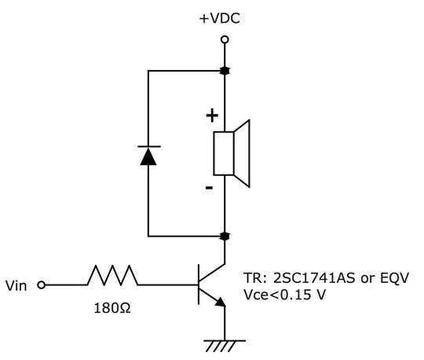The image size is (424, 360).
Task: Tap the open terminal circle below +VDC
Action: [225, 39]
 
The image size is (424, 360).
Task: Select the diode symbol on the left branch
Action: [148, 155]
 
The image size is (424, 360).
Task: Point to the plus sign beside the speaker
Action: [211, 116]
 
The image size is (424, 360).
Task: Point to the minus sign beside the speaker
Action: [209, 188]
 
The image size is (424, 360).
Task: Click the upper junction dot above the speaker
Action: [225, 71]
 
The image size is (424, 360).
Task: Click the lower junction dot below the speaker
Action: [225, 235]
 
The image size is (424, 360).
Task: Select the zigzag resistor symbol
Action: [112, 276]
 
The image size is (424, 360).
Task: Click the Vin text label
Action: [17, 285]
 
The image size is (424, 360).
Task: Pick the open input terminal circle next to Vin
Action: [41, 285]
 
